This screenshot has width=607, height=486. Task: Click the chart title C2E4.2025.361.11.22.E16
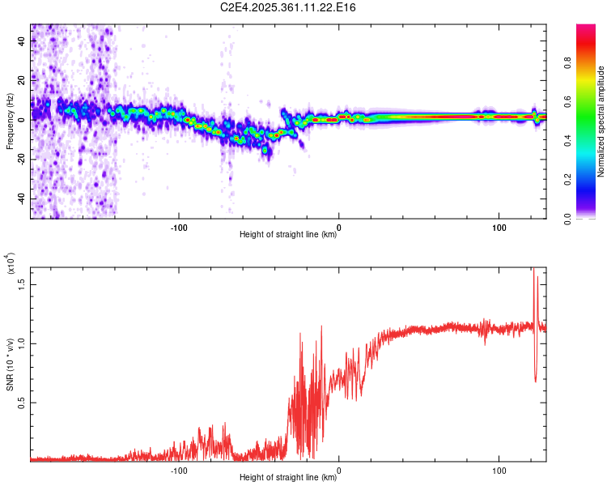point(289,7)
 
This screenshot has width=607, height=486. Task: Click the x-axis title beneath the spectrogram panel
point(288,235)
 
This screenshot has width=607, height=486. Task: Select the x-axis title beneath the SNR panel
point(288,478)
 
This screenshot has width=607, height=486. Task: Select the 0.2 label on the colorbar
point(568,180)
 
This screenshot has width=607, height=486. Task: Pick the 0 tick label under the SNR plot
point(339,468)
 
